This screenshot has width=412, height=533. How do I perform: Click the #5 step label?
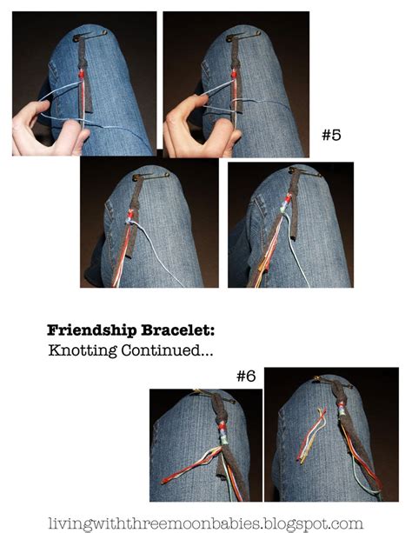pos(330,136)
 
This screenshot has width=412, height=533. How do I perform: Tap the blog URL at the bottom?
pos(206,524)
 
